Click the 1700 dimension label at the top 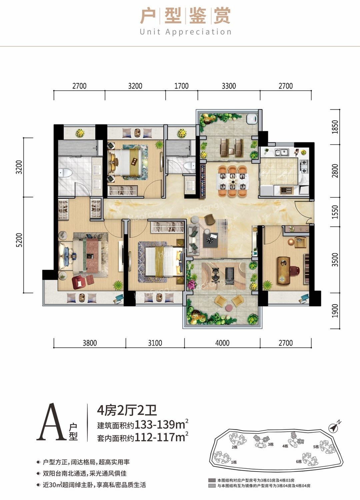click(x=181, y=86)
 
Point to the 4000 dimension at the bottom click(x=222, y=343)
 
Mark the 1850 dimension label click(x=335, y=127)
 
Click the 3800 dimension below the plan click(x=89, y=343)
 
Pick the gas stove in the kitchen click(x=304, y=167)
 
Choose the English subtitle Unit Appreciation click(x=185, y=32)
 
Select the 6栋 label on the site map click(x=299, y=462)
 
